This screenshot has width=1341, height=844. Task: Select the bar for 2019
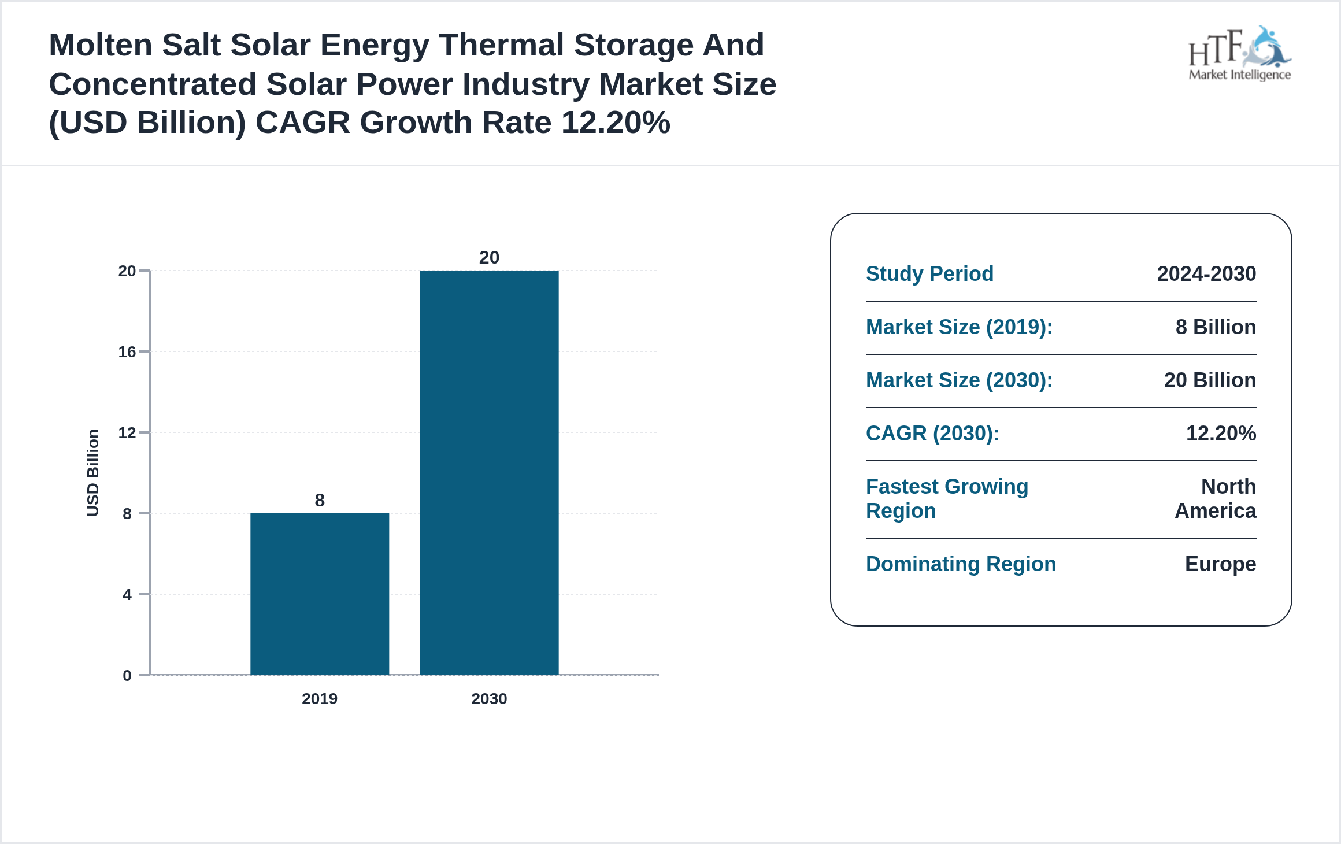(x=320, y=594)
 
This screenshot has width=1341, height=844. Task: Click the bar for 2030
(x=489, y=472)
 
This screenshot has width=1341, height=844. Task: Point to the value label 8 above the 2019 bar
(x=320, y=500)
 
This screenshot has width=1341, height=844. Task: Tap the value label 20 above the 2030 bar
(x=489, y=257)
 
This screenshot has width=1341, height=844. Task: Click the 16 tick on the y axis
(x=127, y=352)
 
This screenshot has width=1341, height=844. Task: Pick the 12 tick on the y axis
(x=127, y=433)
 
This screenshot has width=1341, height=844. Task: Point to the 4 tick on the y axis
(x=127, y=595)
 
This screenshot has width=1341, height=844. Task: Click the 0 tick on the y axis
(x=127, y=676)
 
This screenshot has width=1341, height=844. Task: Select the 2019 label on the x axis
(x=320, y=699)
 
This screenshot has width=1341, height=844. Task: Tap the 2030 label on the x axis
(x=489, y=699)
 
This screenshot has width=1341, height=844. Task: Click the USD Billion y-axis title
(x=93, y=473)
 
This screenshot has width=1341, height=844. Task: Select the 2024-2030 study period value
(x=1206, y=274)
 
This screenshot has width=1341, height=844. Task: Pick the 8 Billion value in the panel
(x=1216, y=327)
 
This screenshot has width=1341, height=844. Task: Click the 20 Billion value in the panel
(x=1210, y=380)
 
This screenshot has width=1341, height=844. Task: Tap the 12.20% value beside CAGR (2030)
(x=1221, y=434)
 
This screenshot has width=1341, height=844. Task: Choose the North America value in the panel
(x=1216, y=499)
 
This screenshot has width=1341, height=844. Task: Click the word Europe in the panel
(x=1220, y=564)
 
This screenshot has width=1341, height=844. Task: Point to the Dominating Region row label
(x=961, y=564)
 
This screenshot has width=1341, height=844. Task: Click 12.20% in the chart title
(x=615, y=123)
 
